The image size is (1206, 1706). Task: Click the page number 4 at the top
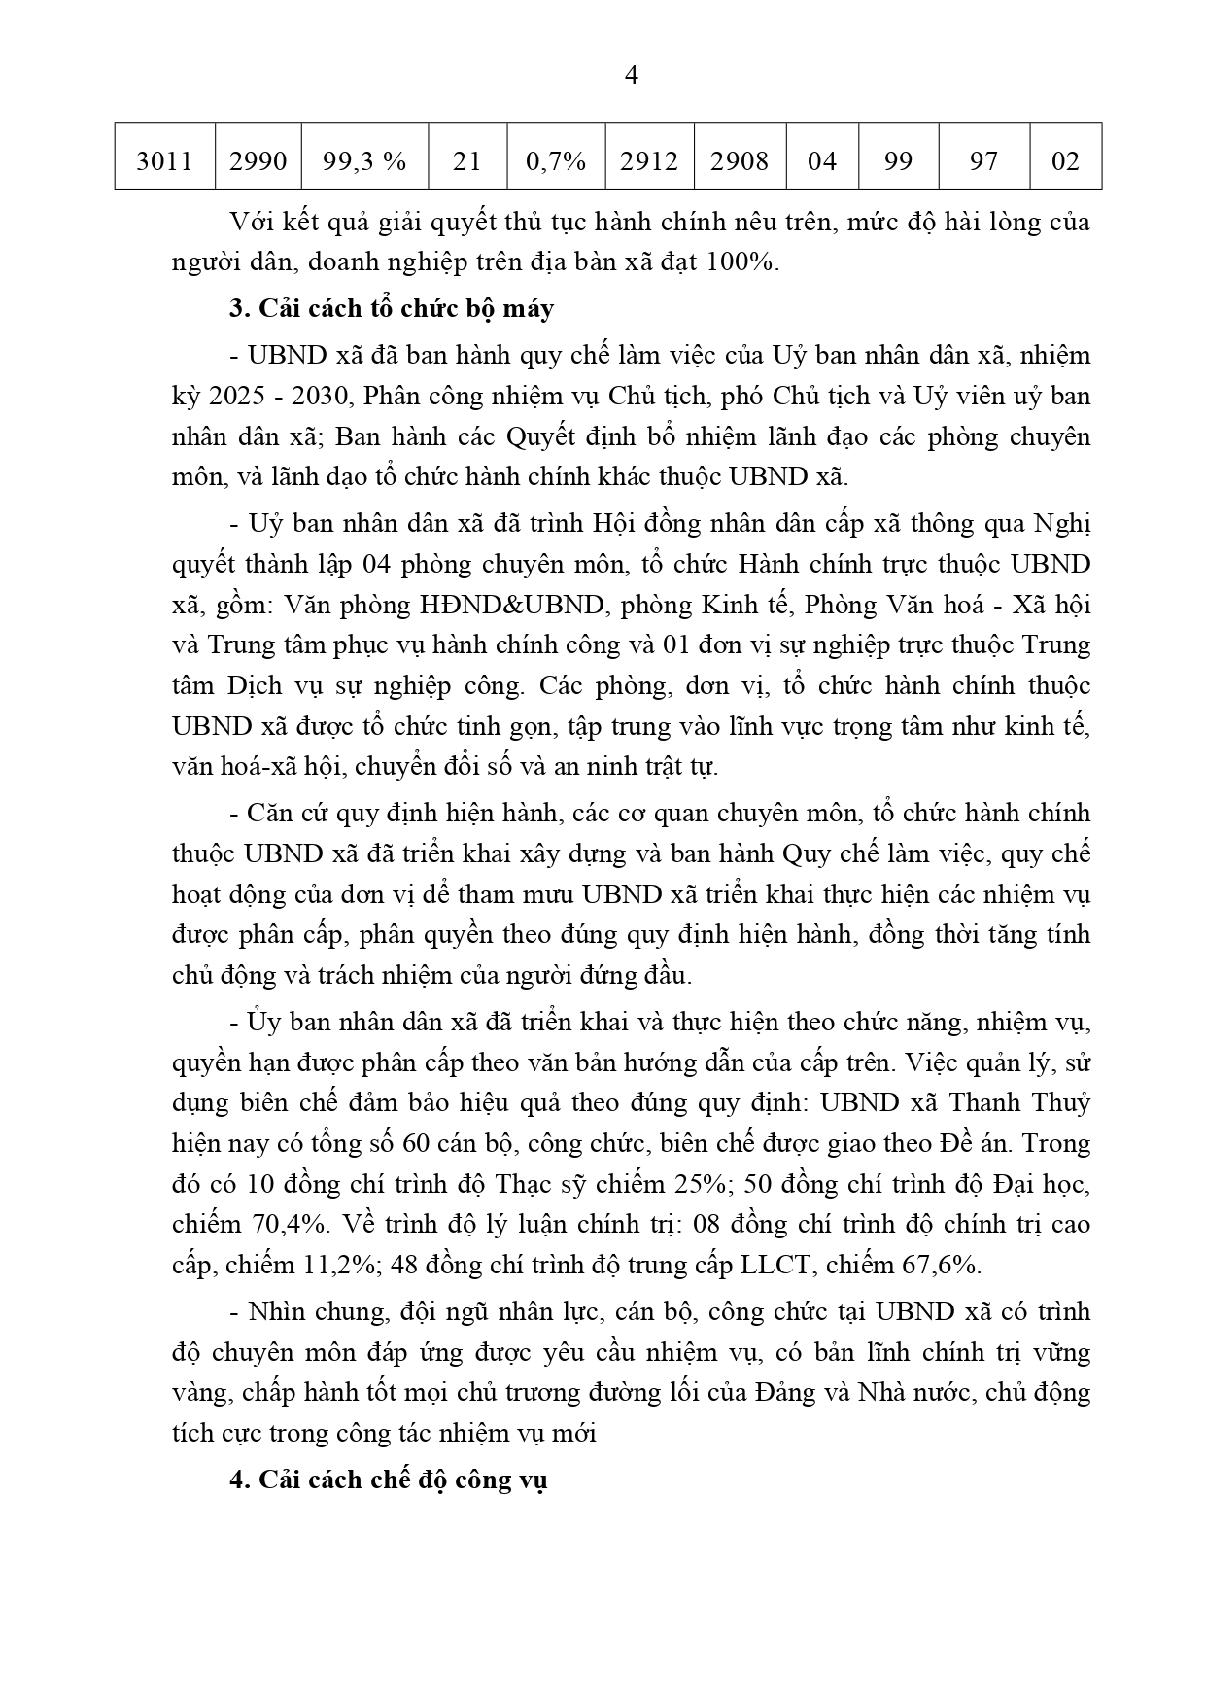tap(630, 76)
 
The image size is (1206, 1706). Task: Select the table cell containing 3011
tap(164, 159)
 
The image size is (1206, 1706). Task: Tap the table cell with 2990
tap(258, 159)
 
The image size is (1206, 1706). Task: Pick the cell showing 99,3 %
tap(364, 159)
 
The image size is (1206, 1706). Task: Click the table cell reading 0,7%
tap(555, 159)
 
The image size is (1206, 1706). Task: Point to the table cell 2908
tap(739, 159)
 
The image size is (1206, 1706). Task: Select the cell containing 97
tap(983, 159)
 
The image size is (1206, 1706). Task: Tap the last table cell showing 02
tap(1065, 159)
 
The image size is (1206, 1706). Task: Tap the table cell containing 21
tap(467, 159)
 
